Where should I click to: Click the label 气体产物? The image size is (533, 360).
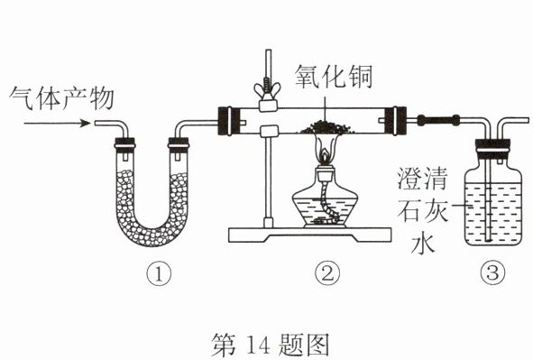tap(61, 98)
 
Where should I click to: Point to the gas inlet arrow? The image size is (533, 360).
tap(57, 123)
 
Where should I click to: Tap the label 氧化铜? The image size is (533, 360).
tap(334, 77)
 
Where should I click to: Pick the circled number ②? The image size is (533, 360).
tap(327, 274)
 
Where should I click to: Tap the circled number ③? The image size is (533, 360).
tap(493, 273)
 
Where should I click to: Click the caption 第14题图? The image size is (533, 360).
tap(271, 345)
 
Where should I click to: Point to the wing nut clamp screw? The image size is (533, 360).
tap(268, 89)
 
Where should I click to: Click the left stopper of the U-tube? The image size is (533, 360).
tap(124, 145)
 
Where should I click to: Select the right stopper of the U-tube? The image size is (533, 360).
tap(179, 145)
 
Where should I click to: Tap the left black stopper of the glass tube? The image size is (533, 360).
tap(225, 121)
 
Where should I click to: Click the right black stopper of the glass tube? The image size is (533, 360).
tap(399, 121)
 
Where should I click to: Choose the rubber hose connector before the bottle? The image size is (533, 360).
tap(438, 120)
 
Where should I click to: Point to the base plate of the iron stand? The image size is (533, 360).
tap(309, 235)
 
